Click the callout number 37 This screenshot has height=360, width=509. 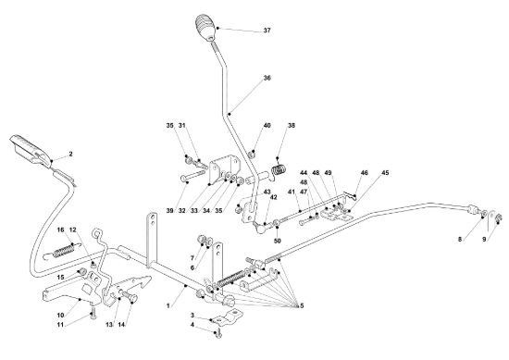tap(267, 31)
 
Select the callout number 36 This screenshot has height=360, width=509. tap(267, 78)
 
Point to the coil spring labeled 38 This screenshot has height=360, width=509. tap(279, 170)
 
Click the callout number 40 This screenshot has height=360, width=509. tap(267, 125)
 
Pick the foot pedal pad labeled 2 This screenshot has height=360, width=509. tap(31, 149)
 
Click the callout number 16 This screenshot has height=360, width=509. tap(61, 230)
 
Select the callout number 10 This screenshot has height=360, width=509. tap(61, 316)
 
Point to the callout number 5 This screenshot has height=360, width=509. tap(302, 305)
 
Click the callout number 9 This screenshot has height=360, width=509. tap(484, 240)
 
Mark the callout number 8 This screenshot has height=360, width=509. tap(460, 240)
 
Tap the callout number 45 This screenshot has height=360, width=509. tap(385, 173)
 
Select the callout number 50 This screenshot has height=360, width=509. tap(278, 241)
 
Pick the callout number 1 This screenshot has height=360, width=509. tap(168, 305)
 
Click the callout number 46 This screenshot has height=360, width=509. tap(365, 173)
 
